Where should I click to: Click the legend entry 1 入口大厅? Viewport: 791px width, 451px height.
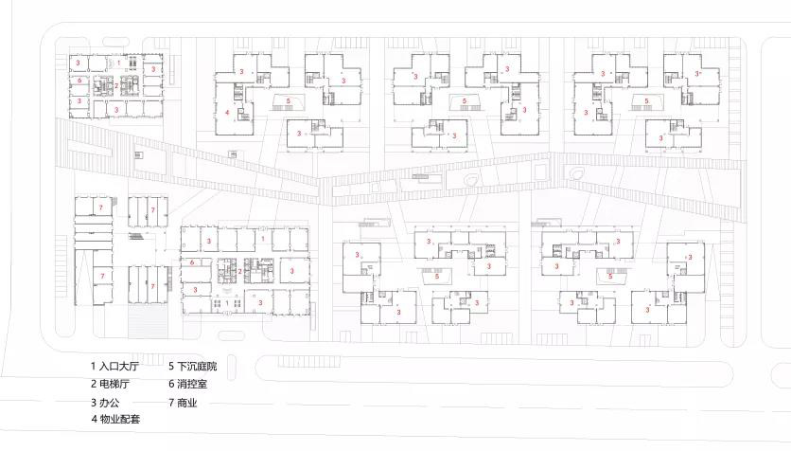click(x=114, y=366)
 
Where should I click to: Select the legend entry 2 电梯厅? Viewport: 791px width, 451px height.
click(x=110, y=384)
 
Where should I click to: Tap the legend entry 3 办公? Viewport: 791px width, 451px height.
click(x=105, y=403)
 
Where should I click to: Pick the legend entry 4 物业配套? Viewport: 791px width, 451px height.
click(x=115, y=419)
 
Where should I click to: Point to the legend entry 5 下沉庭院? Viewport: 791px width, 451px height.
click(x=193, y=366)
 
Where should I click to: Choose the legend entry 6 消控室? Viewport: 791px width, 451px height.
click(x=187, y=384)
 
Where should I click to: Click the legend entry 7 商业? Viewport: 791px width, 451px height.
click(x=183, y=403)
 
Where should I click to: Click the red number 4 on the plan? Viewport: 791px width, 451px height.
click(x=227, y=112)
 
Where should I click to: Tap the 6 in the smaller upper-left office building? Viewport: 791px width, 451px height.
click(x=79, y=81)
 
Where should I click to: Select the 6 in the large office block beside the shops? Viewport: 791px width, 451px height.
click(x=192, y=262)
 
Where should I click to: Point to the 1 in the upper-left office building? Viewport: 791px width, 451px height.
click(x=119, y=63)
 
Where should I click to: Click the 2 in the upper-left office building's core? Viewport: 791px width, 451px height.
click(x=116, y=86)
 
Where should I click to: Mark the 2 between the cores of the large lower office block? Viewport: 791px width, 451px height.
click(x=240, y=271)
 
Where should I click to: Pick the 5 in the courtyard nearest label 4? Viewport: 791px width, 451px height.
click(x=289, y=101)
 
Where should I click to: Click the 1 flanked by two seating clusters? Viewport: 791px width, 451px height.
click(x=227, y=302)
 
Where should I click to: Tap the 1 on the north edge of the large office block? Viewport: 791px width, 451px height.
click(x=262, y=239)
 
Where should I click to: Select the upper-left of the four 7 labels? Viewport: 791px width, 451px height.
click(x=101, y=207)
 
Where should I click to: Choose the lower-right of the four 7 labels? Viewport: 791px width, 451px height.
click(x=153, y=286)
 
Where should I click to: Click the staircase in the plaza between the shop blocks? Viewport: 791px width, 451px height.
click(x=136, y=238)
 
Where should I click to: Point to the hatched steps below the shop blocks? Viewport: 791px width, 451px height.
click(x=148, y=321)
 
